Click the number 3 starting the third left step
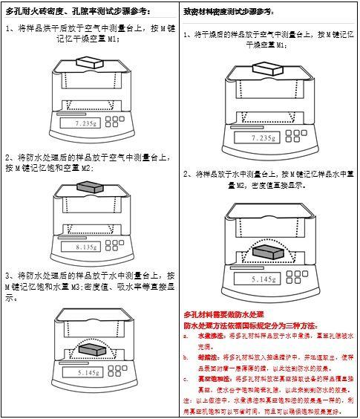coord(8,275)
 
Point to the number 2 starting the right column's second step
coord(186,173)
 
